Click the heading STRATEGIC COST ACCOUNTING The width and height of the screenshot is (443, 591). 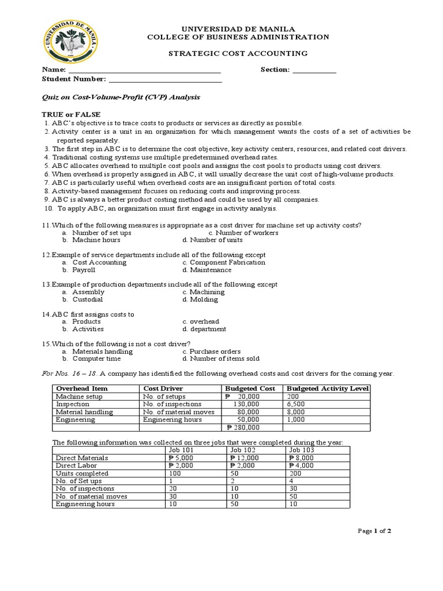pyautogui.click(x=238, y=53)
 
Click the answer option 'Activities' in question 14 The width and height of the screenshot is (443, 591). pyautogui.click(x=88, y=329)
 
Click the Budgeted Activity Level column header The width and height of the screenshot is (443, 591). pyautogui.click(x=327, y=388)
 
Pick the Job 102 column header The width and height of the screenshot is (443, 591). pyautogui.click(x=243, y=450)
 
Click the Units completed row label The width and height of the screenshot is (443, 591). pyautogui.click(x=80, y=473)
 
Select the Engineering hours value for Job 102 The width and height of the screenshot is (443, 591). pyautogui.click(x=234, y=504)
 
